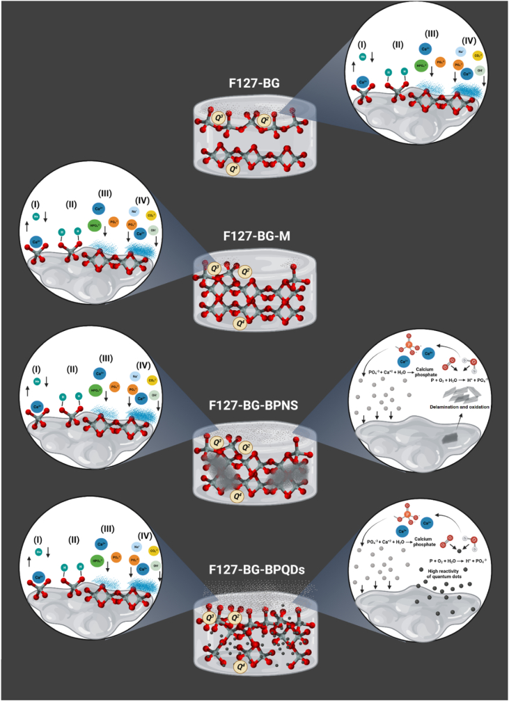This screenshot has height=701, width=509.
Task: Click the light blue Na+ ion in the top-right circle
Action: coord(459,51)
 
